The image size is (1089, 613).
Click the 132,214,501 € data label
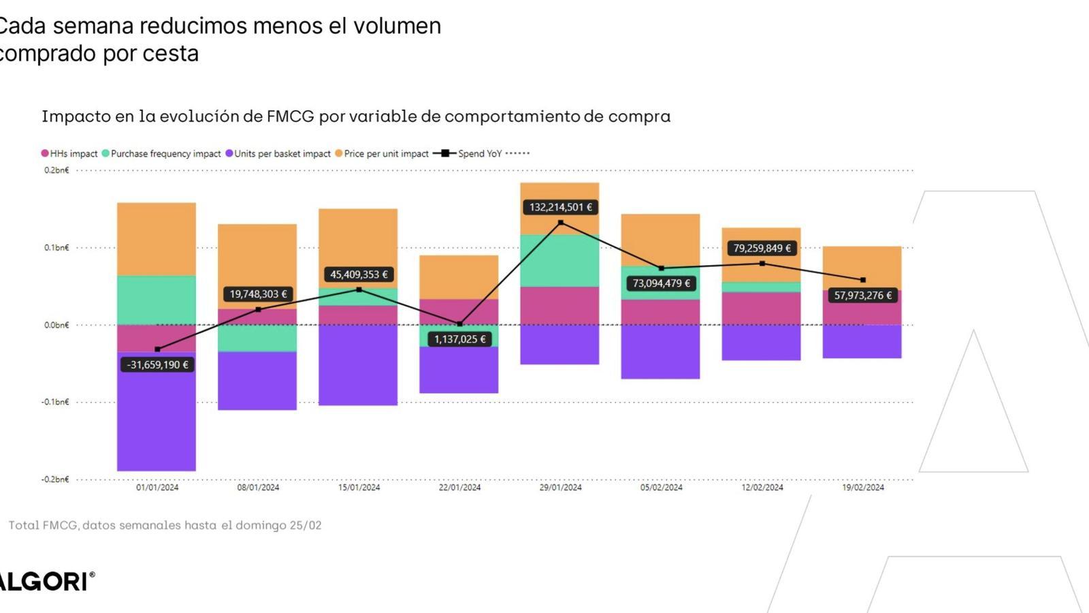click(x=560, y=207)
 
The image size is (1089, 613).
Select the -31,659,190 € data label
click(x=157, y=365)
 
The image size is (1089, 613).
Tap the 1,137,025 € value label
click(x=460, y=339)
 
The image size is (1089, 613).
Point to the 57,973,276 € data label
click(x=862, y=296)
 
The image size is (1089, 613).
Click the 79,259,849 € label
click(x=762, y=249)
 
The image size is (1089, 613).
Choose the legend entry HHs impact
click(x=70, y=154)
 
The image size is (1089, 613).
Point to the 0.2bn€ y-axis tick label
click(x=56, y=170)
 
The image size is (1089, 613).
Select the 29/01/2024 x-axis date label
click(x=560, y=488)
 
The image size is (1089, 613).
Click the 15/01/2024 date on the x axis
click(x=359, y=488)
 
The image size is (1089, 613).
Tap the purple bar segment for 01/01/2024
click(x=157, y=422)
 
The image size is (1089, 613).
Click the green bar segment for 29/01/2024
click(x=559, y=261)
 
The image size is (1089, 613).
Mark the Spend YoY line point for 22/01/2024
click(x=460, y=324)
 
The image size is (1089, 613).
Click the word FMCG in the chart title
click(x=291, y=116)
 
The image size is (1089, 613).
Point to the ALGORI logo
click(x=46, y=582)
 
